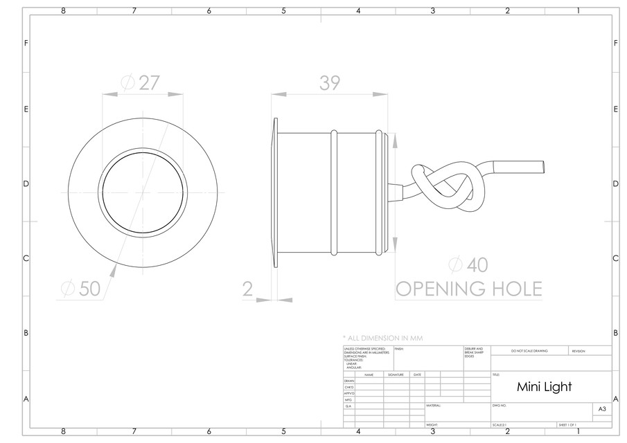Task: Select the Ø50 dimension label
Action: tap(82, 289)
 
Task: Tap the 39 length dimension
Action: tap(330, 82)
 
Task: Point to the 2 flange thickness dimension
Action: tap(249, 289)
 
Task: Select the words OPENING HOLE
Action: tap(468, 289)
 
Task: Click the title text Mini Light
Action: tap(545, 386)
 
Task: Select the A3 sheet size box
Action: tap(602, 410)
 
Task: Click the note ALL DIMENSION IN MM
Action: tap(382, 338)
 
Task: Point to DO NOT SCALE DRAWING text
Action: tap(529, 351)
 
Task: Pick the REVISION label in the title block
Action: tap(579, 351)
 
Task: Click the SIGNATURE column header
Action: tap(396, 374)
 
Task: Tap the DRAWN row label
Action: tap(348, 381)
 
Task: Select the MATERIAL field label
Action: tap(434, 406)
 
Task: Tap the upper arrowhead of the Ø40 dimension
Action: tap(395, 138)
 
